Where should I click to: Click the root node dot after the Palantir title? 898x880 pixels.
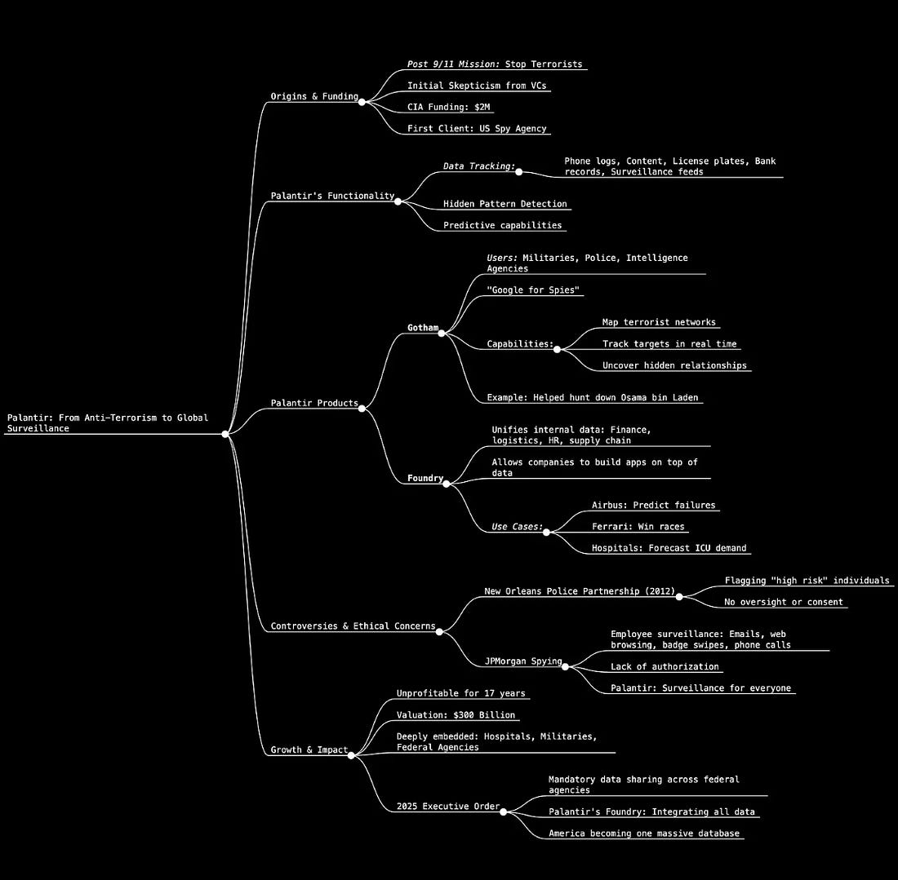click(226, 434)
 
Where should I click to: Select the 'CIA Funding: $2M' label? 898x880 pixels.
click(451, 107)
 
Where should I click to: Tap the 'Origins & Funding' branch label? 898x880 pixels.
click(314, 97)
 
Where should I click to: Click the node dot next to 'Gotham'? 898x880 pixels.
click(442, 333)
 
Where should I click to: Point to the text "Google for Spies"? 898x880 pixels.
click(533, 290)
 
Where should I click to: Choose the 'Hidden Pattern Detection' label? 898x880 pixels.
click(505, 204)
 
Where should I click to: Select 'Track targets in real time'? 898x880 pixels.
click(669, 344)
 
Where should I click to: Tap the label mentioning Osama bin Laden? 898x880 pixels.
click(593, 398)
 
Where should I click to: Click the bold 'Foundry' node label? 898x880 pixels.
click(425, 479)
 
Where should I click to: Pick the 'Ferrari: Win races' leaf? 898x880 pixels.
click(638, 527)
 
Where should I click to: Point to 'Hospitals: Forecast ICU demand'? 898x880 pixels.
click(669, 548)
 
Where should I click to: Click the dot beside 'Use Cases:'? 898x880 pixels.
click(546, 532)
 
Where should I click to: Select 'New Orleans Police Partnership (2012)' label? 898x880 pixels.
click(580, 591)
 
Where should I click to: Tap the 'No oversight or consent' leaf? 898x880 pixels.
click(784, 603)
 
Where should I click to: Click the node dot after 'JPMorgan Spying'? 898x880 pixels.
click(565, 666)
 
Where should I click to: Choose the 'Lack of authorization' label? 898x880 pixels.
click(665, 667)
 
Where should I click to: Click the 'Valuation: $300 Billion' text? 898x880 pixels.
click(456, 715)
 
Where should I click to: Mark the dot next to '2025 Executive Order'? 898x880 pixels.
click(503, 811)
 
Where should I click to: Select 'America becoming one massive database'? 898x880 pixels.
click(643, 834)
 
